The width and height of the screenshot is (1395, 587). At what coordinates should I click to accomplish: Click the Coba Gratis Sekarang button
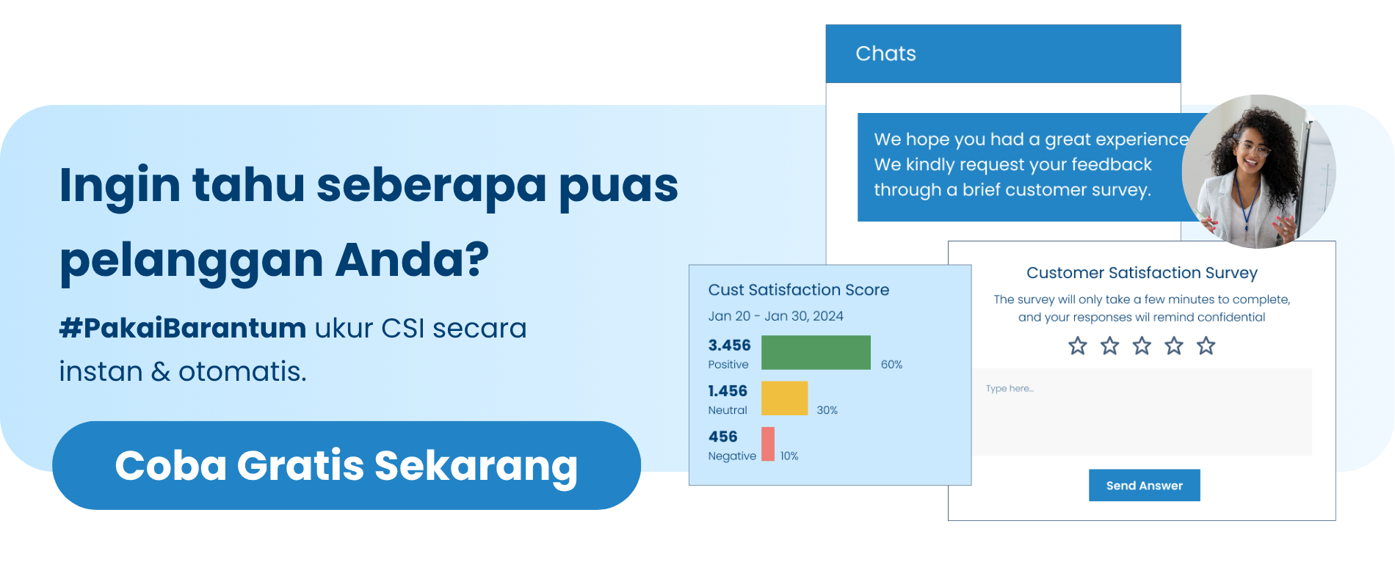coord(346,465)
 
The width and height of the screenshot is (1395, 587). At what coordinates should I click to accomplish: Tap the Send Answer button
coord(1144,485)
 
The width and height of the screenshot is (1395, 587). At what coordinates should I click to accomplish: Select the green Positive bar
coord(816,352)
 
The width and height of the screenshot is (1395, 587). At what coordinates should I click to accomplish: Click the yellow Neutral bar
coord(784,398)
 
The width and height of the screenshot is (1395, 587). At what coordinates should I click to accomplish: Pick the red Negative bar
coord(768,444)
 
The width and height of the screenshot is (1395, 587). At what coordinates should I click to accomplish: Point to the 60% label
coord(891,365)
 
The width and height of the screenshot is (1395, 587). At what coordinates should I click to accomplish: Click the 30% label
coord(827,410)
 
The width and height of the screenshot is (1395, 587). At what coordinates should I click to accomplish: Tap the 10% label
coord(789,456)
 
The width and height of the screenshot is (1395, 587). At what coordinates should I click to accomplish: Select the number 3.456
coord(729,345)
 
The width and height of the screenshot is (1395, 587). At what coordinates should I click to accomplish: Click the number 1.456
coord(727,391)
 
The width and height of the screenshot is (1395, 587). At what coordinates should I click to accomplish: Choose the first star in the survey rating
coord(1077,346)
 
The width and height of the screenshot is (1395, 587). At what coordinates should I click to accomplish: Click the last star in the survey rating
coord(1206,346)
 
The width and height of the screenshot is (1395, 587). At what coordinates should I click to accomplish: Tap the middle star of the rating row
coord(1142,346)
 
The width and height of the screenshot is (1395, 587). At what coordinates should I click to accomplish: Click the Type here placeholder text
coord(1010,388)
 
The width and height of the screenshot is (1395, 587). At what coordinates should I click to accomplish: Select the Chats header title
coord(885,54)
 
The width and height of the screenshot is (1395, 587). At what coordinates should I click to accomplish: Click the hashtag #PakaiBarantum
coord(183,328)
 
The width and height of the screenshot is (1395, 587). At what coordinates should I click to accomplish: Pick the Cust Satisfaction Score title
coord(798,290)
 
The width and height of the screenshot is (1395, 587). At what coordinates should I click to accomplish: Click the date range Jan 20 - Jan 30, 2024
coord(775,316)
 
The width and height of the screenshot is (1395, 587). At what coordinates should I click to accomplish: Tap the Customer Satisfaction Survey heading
coord(1142,273)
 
